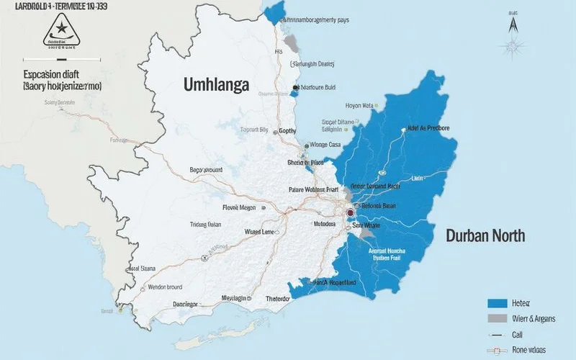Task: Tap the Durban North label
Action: tap(485, 235)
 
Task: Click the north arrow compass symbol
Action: tap(513, 23)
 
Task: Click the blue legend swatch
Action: tap(498, 303)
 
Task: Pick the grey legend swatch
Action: tap(498, 319)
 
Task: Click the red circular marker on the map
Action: tap(351, 213)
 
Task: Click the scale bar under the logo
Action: tap(55, 50)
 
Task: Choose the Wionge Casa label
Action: tap(325, 145)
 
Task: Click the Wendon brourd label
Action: tap(166, 287)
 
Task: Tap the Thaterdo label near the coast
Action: tap(277, 299)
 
